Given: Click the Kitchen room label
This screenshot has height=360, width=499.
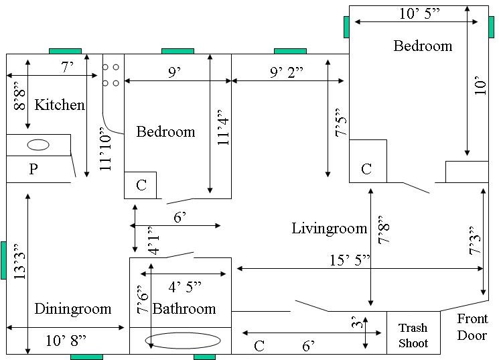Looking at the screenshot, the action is pyautogui.click(x=60, y=105).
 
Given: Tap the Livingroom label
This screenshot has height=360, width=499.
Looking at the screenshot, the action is pyautogui.click(x=330, y=229).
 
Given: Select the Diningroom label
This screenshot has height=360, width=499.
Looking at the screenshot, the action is pyautogui.click(x=73, y=308).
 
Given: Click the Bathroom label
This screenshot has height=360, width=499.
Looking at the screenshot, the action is pyautogui.click(x=184, y=308).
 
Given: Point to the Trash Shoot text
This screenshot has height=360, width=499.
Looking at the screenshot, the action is pyautogui.click(x=413, y=335).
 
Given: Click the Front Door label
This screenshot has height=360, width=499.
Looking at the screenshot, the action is pyautogui.click(x=472, y=327).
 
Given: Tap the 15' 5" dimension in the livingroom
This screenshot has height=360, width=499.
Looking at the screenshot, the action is pyautogui.click(x=350, y=260).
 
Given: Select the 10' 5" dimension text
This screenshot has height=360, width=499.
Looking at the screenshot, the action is pyautogui.click(x=419, y=13).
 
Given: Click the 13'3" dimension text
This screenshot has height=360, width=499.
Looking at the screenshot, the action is pyautogui.click(x=19, y=262).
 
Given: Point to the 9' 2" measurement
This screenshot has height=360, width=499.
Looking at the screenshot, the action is pyautogui.click(x=287, y=72).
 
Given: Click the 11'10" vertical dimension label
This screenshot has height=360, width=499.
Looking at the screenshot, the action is pyautogui.click(x=105, y=149).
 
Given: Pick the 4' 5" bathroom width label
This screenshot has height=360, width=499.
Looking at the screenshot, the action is pyautogui.click(x=185, y=287).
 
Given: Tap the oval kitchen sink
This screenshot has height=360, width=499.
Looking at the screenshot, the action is pyautogui.click(x=38, y=145).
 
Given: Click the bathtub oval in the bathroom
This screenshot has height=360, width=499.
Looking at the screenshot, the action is pyautogui.click(x=183, y=341).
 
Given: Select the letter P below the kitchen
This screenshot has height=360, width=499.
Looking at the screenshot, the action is pyautogui.click(x=33, y=169).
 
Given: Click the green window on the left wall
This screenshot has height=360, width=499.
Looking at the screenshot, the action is pyautogui.click(x=3, y=260).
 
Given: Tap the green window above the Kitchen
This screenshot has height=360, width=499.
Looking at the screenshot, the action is pyautogui.click(x=65, y=52).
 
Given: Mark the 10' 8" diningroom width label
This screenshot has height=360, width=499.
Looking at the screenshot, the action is pyautogui.click(x=66, y=341).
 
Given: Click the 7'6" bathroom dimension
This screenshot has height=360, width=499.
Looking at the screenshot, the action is pyautogui.click(x=143, y=300).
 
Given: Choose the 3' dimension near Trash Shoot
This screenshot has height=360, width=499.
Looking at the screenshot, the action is pyautogui.click(x=358, y=322).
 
